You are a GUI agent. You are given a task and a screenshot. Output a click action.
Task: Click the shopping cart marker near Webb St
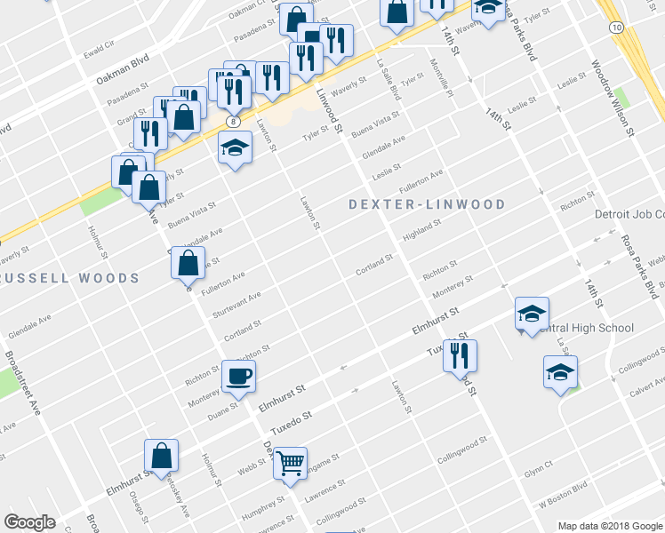[x=290, y=464]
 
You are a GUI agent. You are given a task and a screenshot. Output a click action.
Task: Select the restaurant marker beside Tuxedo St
[x=460, y=356]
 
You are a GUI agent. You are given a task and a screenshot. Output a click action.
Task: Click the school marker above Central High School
[x=532, y=313]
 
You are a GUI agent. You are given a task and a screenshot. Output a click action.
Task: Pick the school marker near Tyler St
[x=236, y=147]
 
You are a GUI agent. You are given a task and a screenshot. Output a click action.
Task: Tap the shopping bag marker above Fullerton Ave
[x=188, y=263]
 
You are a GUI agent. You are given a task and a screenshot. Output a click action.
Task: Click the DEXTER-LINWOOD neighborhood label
[x=427, y=204]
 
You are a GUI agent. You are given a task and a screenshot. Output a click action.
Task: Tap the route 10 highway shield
[x=616, y=28]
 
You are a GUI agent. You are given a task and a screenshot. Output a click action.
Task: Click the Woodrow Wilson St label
[x=612, y=99]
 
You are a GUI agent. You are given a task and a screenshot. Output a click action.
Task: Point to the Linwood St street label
[x=329, y=111]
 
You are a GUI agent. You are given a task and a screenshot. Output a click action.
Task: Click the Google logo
[x=30, y=522]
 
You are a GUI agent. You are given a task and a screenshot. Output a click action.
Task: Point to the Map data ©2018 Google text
[x=609, y=525]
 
